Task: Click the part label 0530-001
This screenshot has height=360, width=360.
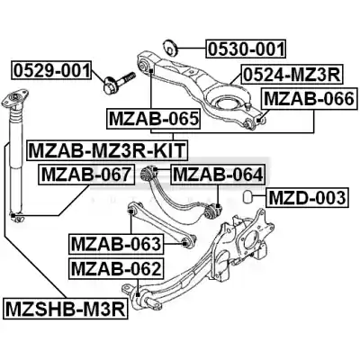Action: click(246, 49)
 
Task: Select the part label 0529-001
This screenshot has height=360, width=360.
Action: click(51, 70)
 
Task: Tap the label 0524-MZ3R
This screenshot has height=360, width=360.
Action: click(292, 75)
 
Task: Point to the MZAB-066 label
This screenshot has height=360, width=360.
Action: click(310, 99)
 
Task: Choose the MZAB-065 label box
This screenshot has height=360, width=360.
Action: click(154, 119)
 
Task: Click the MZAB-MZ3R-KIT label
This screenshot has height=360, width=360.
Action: click(107, 150)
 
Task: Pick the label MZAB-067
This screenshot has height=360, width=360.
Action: click(86, 175)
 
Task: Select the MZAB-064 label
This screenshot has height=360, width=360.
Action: click(218, 175)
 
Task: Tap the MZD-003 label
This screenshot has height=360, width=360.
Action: click(307, 198)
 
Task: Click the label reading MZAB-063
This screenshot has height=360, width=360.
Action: click(116, 244)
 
